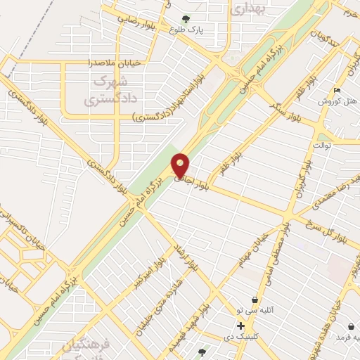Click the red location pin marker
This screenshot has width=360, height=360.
180,165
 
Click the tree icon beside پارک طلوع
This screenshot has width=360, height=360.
186,19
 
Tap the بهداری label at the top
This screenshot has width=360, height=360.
247,8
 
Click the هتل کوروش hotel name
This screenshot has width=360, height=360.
339,101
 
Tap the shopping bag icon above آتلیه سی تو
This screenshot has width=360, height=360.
253,300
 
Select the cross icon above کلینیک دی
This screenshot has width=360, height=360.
241,326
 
